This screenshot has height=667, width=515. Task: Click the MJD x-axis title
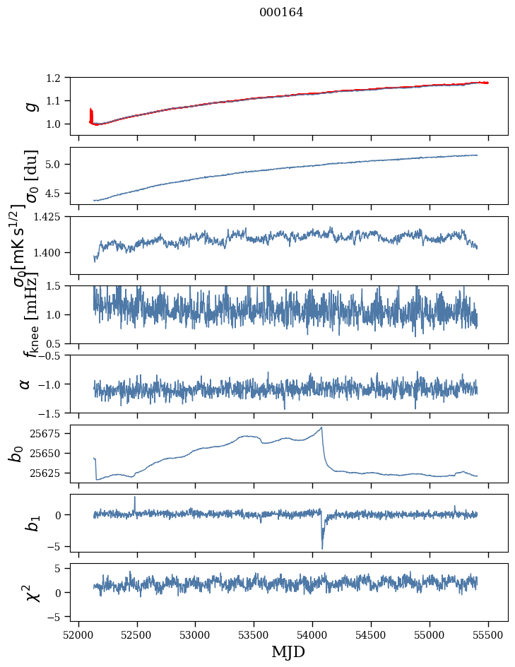tap(288, 651)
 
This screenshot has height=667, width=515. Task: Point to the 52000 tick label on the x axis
tap(78, 633)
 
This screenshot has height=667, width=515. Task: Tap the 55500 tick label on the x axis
tap(489, 633)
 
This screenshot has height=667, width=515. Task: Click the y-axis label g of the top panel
tap(30, 106)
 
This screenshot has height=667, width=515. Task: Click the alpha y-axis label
tap(25, 384)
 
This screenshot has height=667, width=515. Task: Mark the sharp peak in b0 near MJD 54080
tap(322, 427)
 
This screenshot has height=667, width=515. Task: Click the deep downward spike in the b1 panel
tap(322, 548)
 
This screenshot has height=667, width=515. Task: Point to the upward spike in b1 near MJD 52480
tap(135, 497)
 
